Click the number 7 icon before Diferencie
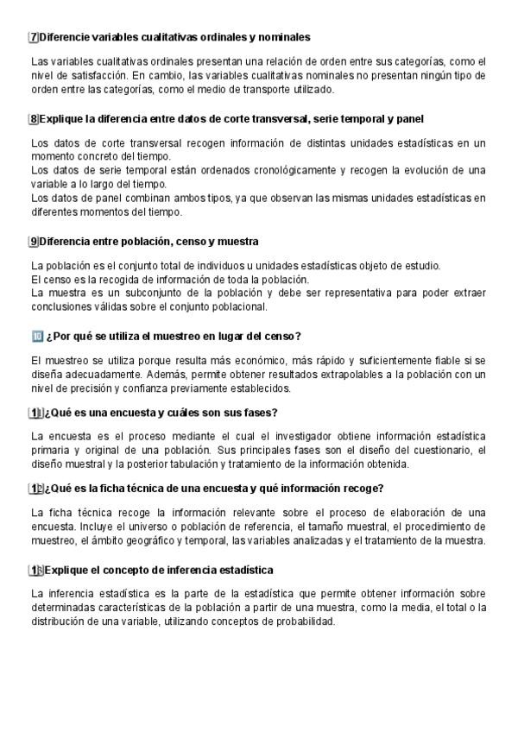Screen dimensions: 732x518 click(34, 37)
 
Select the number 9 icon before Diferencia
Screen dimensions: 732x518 click(34, 241)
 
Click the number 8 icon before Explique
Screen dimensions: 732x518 click(34, 118)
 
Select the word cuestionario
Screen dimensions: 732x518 click(440, 451)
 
